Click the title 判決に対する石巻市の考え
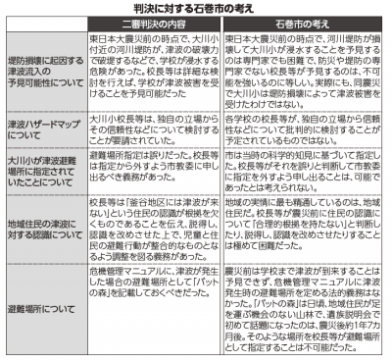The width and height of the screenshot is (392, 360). click(x=197, y=10)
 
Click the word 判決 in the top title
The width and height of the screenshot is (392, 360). click(x=148, y=10)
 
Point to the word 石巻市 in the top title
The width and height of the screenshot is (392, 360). click(x=216, y=10)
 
